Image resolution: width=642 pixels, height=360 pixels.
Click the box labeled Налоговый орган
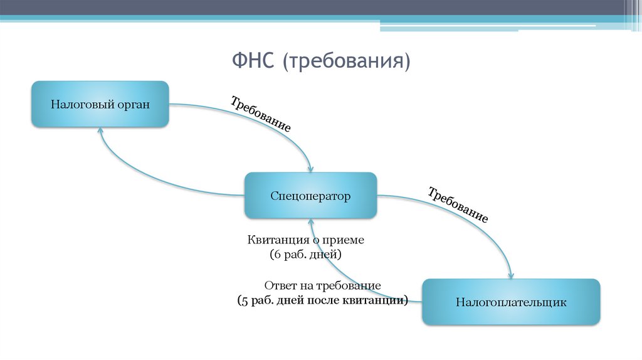pos(100,104)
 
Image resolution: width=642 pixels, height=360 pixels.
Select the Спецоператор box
pos(310,196)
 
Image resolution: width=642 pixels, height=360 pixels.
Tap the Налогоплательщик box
pos(511,302)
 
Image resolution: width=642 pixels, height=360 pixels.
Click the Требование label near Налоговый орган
pos(260,114)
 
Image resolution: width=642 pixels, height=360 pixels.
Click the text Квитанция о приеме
pos(305,240)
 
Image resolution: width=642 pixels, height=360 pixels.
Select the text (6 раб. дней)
pos(305,255)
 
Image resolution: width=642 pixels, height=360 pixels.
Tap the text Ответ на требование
pos(322,285)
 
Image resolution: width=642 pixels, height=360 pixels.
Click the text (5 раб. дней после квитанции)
pos(322,300)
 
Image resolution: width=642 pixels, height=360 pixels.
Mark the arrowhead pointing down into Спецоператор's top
pos(310,169)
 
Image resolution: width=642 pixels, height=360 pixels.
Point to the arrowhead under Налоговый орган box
pos(100,131)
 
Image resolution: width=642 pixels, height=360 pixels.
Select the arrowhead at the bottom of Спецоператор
pos(310,222)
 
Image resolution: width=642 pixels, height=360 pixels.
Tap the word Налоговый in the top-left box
pos(81,104)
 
